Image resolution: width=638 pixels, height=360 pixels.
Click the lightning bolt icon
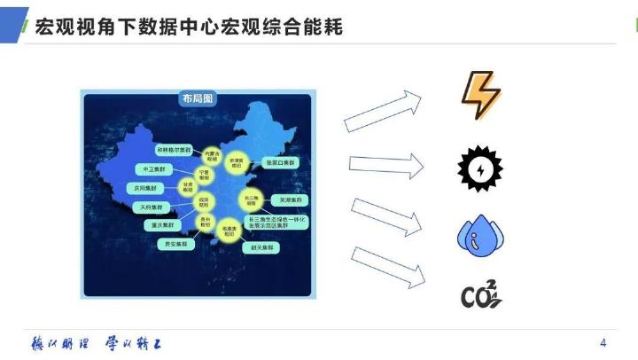coord(481,95)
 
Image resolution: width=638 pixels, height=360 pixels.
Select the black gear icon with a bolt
coord(479,166)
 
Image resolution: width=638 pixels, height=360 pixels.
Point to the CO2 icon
coord(481,295)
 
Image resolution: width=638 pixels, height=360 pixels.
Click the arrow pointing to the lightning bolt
coord(383,110)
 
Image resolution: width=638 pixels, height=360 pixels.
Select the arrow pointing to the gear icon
coord(387,163)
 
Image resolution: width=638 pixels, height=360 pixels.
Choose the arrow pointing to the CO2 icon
coord(386,267)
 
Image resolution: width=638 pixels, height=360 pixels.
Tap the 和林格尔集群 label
coord(173,149)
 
